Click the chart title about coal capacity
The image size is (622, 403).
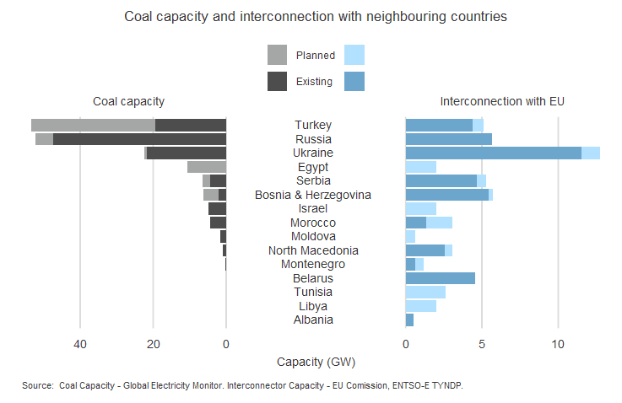pyautogui.click(x=316, y=16)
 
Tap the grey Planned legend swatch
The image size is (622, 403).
pyautogui.click(x=277, y=56)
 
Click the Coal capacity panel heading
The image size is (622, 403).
pyautogui.click(x=128, y=101)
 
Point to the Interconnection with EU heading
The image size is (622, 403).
pyautogui.click(x=502, y=101)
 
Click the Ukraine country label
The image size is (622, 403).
pyautogui.click(x=313, y=153)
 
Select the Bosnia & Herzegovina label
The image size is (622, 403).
pyautogui.click(x=313, y=195)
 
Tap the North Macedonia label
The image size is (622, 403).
pyautogui.click(x=313, y=250)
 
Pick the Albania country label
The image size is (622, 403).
pyautogui.click(x=313, y=320)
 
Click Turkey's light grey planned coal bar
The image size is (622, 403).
pyautogui.click(x=93, y=125)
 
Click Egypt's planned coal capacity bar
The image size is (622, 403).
pyautogui.click(x=207, y=167)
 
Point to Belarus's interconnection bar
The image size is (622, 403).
pyautogui.click(x=440, y=278)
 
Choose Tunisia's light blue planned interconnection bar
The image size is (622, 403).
pyautogui.click(x=425, y=292)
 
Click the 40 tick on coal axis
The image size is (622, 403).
pyautogui.click(x=80, y=344)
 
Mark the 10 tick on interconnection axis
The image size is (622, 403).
pyautogui.click(x=558, y=344)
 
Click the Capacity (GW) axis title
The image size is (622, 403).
pyautogui.click(x=316, y=362)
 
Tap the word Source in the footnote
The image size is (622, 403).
pyautogui.click(x=38, y=385)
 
